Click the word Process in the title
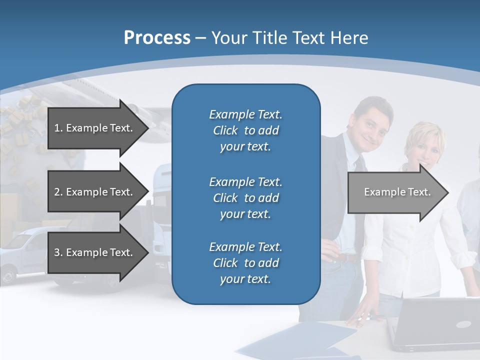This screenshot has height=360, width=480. (x=157, y=38)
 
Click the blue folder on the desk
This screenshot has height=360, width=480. (x=295, y=340)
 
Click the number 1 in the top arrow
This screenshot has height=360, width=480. (x=57, y=128)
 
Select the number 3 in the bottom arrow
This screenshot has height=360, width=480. (x=57, y=252)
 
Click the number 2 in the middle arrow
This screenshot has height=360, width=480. (x=57, y=192)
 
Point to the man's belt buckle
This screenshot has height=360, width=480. (x=344, y=258)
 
